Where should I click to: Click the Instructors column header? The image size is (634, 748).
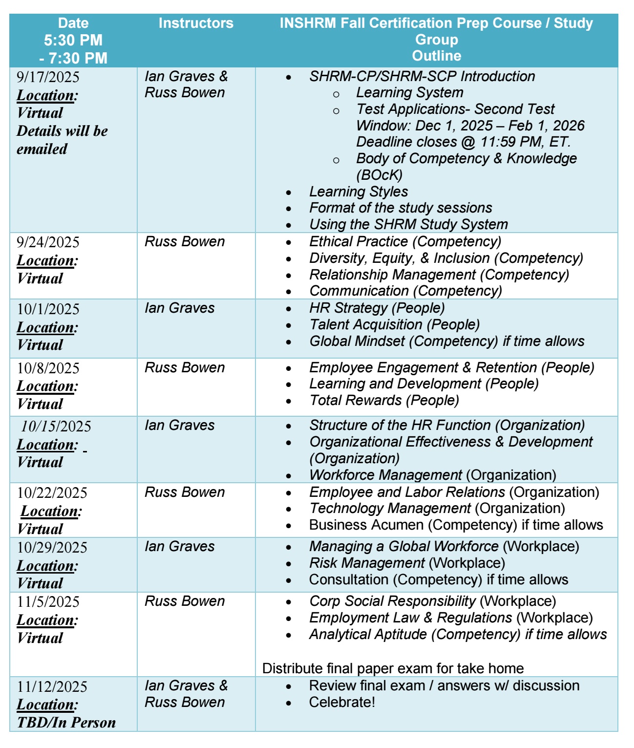pos(196,23)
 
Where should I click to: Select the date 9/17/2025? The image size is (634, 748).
pos(48,77)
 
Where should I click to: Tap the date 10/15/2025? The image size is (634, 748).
pos(56,427)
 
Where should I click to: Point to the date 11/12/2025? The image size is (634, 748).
pos(52,686)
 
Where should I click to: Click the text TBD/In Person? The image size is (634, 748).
pos(66,723)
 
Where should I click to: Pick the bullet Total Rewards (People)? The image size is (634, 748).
pos(384,401)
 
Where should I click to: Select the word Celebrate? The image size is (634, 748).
pos(342,702)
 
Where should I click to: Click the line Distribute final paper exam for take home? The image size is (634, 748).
pos(393,668)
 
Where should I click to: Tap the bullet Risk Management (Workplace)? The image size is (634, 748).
pos(407,563)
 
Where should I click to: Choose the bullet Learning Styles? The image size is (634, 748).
pos(359,192)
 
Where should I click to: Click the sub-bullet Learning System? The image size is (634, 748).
pos(409,92)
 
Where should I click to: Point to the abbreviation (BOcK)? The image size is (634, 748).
pos(380,175)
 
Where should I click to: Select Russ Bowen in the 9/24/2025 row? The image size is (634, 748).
pos(185,242)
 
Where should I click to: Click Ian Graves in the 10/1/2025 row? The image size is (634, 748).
pos(179,308)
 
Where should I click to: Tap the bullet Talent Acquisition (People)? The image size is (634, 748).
pos(394,325)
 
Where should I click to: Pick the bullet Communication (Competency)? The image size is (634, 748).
pos(405,291)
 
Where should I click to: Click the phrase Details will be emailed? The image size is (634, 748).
pos(62,140)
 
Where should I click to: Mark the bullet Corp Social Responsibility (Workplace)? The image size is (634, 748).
pos(432,601)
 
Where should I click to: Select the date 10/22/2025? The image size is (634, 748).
pos(52,492)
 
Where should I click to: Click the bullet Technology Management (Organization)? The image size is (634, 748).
pos(437,509)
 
